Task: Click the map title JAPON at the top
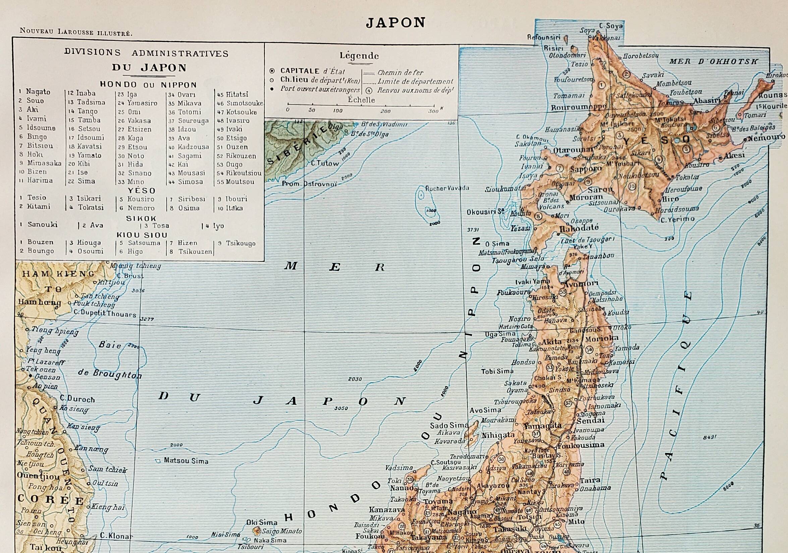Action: [395, 23]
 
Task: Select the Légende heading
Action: [359, 56]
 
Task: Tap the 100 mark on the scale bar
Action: [338, 111]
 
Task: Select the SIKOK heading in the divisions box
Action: [141, 218]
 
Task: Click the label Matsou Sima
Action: [186, 461]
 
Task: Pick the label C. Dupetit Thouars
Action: [105, 314]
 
